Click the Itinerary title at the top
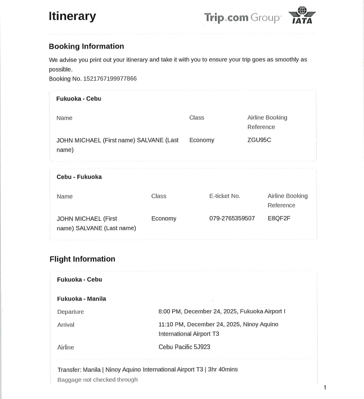coord(72,16)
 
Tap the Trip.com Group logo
coord(242,18)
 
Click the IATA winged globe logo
coord(302,15)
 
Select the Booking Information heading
coord(86,46)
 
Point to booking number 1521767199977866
coord(110,78)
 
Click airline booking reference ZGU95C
coord(259,140)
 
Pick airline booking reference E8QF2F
coord(279,218)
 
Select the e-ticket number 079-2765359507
coord(232,218)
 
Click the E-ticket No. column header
coord(225,196)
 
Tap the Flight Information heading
coord(82,259)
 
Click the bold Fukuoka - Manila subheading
coord(82,299)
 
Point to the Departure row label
coord(70,312)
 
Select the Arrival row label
coord(66,325)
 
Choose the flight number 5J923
coord(201,347)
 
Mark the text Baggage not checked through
coord(98,380)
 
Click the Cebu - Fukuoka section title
coord(79,177)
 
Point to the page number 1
coord(325,387)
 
